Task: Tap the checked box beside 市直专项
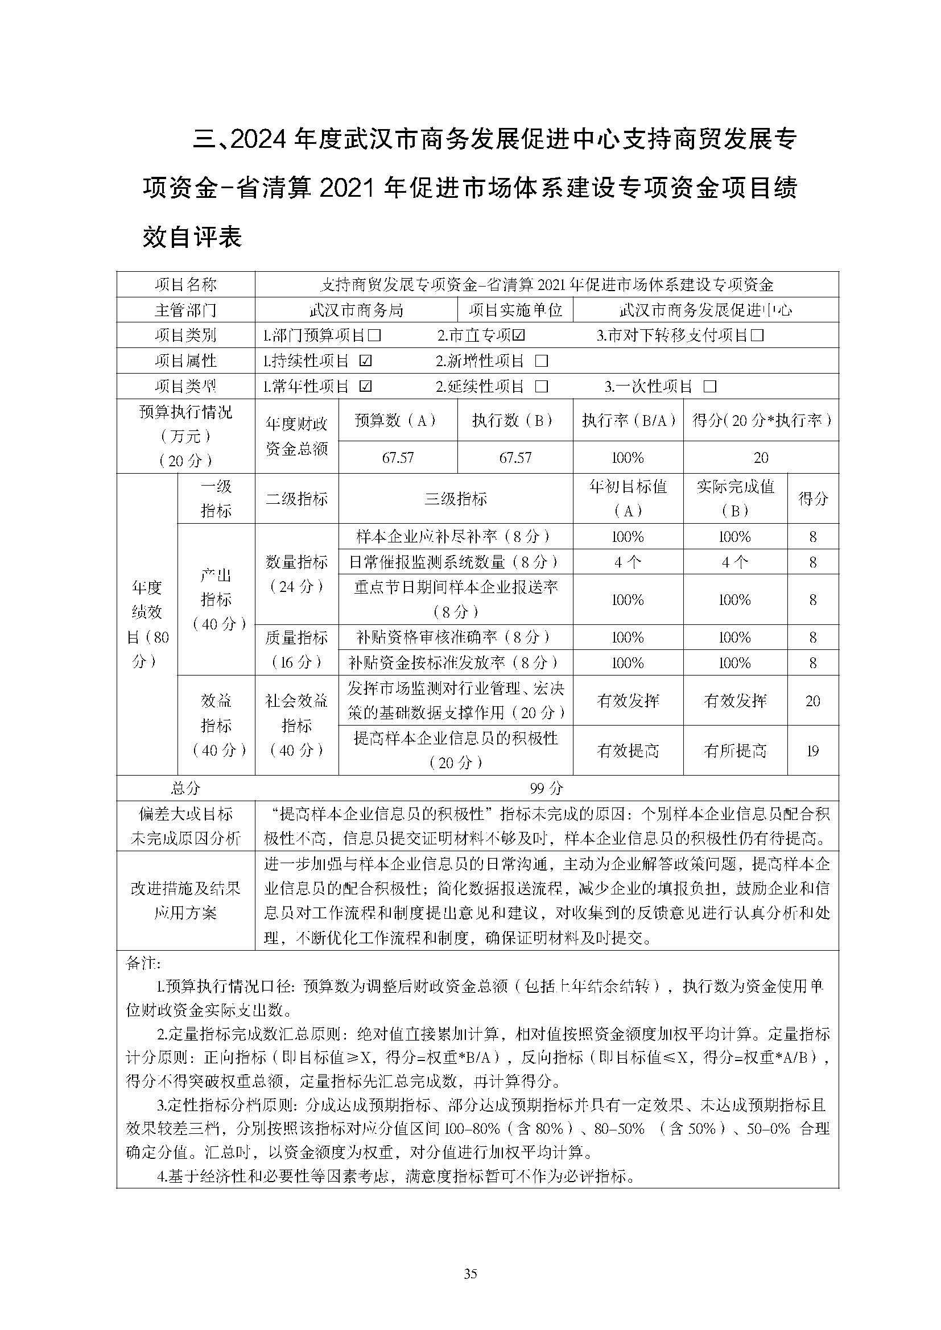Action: (x=519, y=335)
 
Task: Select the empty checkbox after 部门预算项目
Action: (x=374, y=335)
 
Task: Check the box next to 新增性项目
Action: (x=542, y=361)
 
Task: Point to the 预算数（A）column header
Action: (x=398, y=420)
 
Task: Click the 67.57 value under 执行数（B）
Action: (x=515, y=458)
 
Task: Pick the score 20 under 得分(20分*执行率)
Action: (x=761, y=458)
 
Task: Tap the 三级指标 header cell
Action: (x=456, y=499)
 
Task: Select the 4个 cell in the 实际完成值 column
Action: (x=734, y=562)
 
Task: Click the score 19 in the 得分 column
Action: (x=812, y=751)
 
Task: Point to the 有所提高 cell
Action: (x=734, y=751)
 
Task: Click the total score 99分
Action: (x=546, y=788)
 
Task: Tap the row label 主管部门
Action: (x=185, y=310)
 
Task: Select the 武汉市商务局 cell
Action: (x=356, y=310)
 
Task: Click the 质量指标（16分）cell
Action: (x=296, y=650)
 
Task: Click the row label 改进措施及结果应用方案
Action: (x=185, y=901)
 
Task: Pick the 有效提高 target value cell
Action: (x=628, y=751)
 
